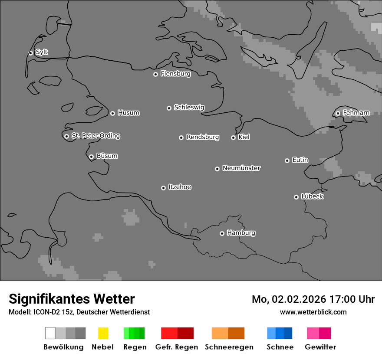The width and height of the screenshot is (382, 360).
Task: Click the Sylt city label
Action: tap(42, 52)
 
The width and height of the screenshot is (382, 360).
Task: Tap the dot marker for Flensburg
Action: tap(155, 74)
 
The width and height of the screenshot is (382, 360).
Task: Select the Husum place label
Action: tap(128, 113)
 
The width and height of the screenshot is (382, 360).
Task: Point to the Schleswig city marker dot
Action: tap(169, 108)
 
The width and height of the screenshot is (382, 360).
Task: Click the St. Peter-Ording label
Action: tap(95, 136)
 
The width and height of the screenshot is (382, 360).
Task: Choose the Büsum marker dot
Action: tap(91, 157)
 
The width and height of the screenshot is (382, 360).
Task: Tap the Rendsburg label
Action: tap(203, 137)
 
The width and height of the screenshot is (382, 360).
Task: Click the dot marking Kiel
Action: tap(233, 137)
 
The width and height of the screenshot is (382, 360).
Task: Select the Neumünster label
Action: tap(241, 168)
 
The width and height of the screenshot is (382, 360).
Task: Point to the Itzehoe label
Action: tap(180, 187)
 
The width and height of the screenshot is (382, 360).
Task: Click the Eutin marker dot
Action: tap(287, 160)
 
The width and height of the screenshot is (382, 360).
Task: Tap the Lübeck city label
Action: tap(312, 196)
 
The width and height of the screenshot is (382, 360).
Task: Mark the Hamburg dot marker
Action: tap(222, 233)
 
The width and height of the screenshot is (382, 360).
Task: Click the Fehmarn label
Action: tap(356, 113)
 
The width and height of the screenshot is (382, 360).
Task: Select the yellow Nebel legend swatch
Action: tap(103, 333)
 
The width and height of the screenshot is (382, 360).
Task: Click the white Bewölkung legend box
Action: tap(50, 333)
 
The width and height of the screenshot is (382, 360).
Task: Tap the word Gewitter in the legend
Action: tap(320, 347)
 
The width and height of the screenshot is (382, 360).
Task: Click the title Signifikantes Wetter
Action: tap(72, 299)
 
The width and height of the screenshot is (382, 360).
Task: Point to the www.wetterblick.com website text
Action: tap(313, 312)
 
